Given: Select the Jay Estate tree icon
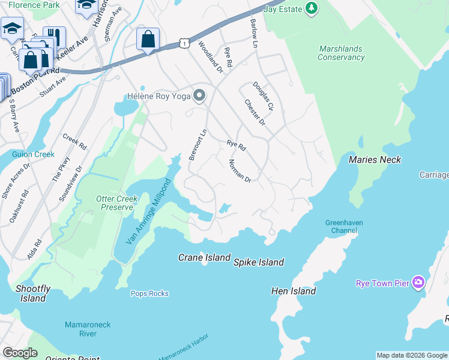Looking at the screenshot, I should tap(311, 8).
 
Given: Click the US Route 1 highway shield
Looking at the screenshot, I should tap(184, 43).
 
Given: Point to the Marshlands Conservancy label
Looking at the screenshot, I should tap(342, 53).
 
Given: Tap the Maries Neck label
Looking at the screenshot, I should tap(375, 160).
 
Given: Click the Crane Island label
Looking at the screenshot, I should tap(204, 257).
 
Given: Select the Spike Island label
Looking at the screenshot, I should tap(258, 262).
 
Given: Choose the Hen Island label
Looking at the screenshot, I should tap(294, 291).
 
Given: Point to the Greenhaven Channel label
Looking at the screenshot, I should tap(345, 226).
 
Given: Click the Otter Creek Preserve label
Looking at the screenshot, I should tap(117, 203).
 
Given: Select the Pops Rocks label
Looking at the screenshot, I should tap(149, 293).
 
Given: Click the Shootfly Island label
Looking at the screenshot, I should tap(32, 293).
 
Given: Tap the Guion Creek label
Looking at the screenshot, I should tap(33, 154).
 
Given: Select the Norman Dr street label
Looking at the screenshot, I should tap(239, 171).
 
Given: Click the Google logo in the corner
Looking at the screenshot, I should tap(19, 353).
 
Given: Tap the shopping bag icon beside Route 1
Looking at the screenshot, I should tap(148, 40).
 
